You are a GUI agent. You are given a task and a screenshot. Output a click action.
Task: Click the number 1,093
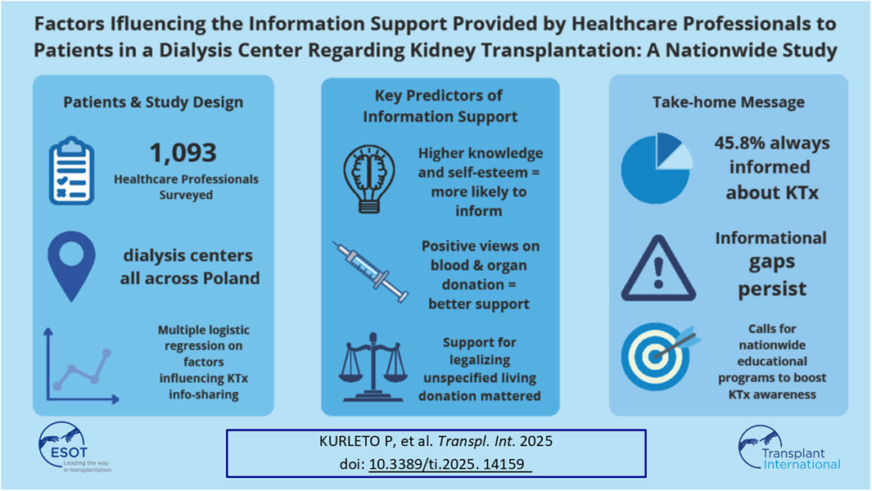click(x=183, y=153)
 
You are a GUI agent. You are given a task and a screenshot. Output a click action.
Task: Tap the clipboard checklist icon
click(x=72, y=171)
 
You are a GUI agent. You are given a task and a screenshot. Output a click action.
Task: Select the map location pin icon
click(x=72, y=266)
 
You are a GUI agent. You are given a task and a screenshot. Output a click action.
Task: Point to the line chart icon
click(x=81, y=365)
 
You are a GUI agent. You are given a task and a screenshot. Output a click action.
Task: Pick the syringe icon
click(x=370, y=272)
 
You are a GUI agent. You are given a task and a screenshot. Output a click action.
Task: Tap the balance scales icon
click(x=373, y=367)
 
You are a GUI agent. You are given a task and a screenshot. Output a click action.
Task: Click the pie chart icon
click(x=657, y=168)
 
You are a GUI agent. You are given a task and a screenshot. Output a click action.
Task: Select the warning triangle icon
click(x=658, y=268)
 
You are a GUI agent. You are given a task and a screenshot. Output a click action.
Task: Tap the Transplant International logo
click(x=789, y=448)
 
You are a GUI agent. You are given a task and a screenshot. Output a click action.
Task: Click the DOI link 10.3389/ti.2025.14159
click(x=450, y=464)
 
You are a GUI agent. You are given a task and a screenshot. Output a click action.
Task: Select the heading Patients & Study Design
click(x=153, y=102)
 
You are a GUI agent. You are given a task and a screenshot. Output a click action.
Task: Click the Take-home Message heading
click(x=729, y=102)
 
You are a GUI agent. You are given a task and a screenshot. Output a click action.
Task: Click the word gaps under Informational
click(x=771, y=263)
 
